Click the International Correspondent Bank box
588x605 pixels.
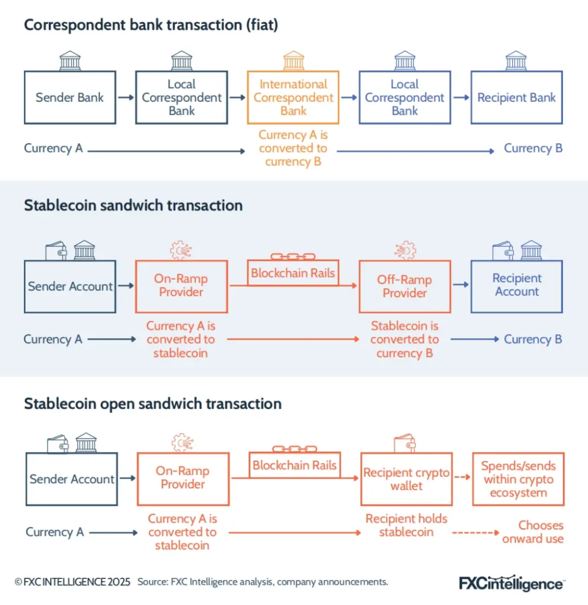pyautogui.click(x=293, y=97)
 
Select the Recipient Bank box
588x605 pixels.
pyautogui.click(x=516, y=97)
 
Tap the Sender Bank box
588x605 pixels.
pyautogui.click(x=70, y=97)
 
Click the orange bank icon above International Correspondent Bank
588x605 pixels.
pyautogui.click(x=293, y=60)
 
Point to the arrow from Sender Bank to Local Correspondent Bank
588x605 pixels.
pyautogui.click(x=125, y=97)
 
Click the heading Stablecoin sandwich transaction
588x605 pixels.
pyautogui.click(x=133, y=205)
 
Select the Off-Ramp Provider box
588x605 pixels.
pyautogui.click(x=405, y=286)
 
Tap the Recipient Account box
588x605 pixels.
pyautogui.click(x=516, y=285)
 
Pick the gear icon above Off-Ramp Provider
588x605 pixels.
pyautogui.click(x=405, y=250)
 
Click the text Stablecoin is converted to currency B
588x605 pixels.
pyautogui.click(x=405, y=339)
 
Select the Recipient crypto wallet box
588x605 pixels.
pyautogui.click(x=406, y=479)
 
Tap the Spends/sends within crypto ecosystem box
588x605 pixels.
pyautogui.click(x=518, y=479)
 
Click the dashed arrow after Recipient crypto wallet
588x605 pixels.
pyautogui.click(x=462, y=477)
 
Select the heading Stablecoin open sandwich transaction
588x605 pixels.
pyautogui.click(x=152, y=404)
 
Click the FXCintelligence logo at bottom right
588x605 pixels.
pyautogui.click(x=511, y=583)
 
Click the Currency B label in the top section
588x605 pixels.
pyautogui.click(x=533, y=148)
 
